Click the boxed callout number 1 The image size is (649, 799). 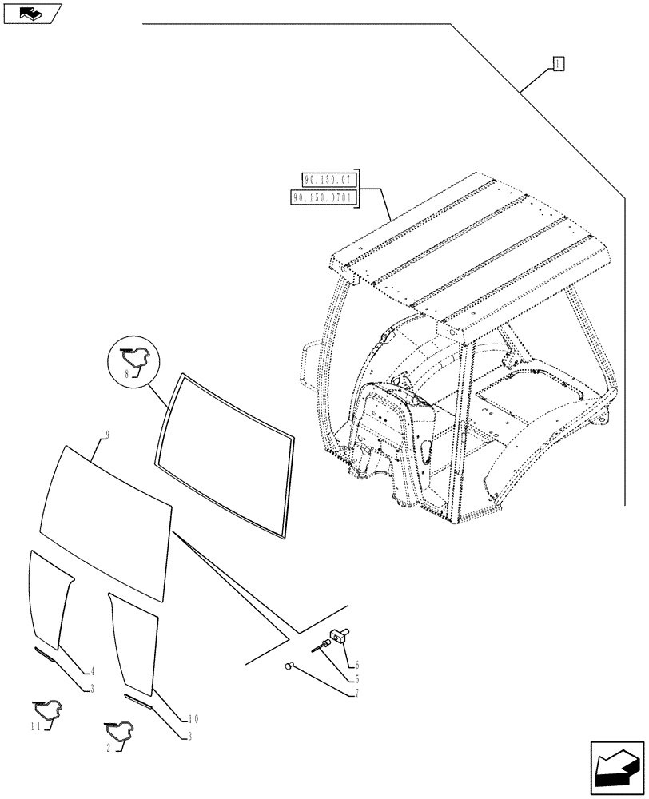pyautogui.click(x=559, y=64)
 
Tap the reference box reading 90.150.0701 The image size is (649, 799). pyautogui.click(x=325, y=197)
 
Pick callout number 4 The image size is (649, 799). pyautogui.click(x=92, y=672)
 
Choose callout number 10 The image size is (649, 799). pyautogui.click(x=193, y=719)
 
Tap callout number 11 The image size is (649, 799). pyautogui.click(x=36, y=725)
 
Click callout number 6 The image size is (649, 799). pyautogui.click(x=356, y=663)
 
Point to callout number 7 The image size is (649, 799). pyautogui.click(x=356, y=693)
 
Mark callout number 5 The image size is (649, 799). pyautogui.click(x=356, y=679)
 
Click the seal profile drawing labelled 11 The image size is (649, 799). pyautogui.click(x=48, y=709)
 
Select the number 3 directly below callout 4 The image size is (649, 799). pyautogui.click(x=92, y=688)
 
